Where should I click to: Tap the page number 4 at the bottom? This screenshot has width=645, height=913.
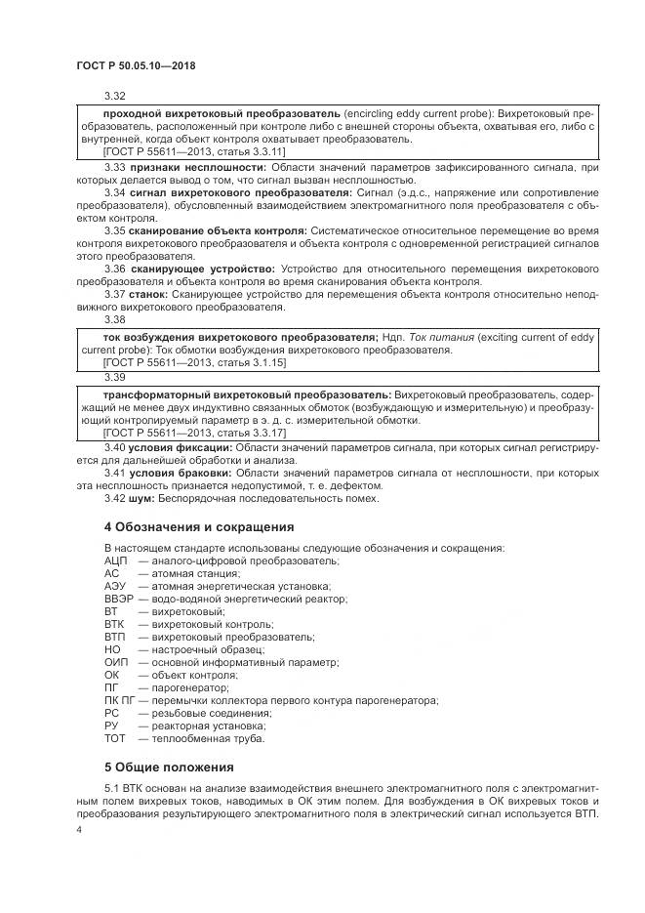click(79, 829)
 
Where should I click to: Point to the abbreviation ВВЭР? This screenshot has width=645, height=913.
click(118, 599)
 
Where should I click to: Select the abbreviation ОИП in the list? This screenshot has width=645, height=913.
click(116, 662)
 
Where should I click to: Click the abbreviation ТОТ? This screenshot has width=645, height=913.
click(115, 738)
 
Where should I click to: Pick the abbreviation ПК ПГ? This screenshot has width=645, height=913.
click(119, 700)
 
